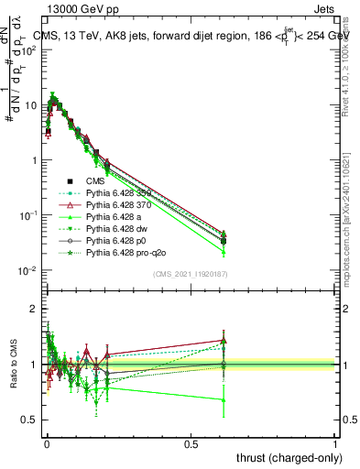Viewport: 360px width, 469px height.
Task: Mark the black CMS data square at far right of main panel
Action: coord(224,241)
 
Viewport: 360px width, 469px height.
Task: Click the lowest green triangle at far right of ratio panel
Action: coord(224,399)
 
